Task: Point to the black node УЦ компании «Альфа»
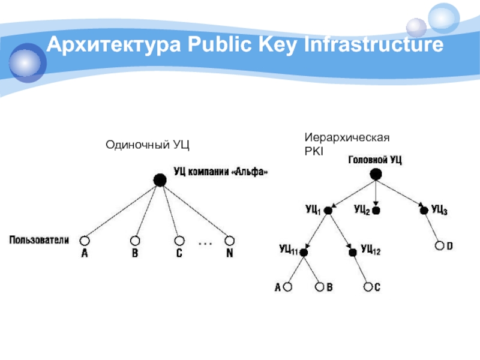[160, 179]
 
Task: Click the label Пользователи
[39, 240]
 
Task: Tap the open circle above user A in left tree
[83, 239]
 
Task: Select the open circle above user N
[229, 239]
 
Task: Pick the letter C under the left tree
[179, 254]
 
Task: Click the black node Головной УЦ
[375, 175]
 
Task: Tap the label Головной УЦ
[375, 160]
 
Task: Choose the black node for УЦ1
[328, 211]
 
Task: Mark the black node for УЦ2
[376, 211]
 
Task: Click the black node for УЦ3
[424, 211]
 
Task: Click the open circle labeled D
[440, 246]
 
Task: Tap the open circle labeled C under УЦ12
[368, 287]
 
